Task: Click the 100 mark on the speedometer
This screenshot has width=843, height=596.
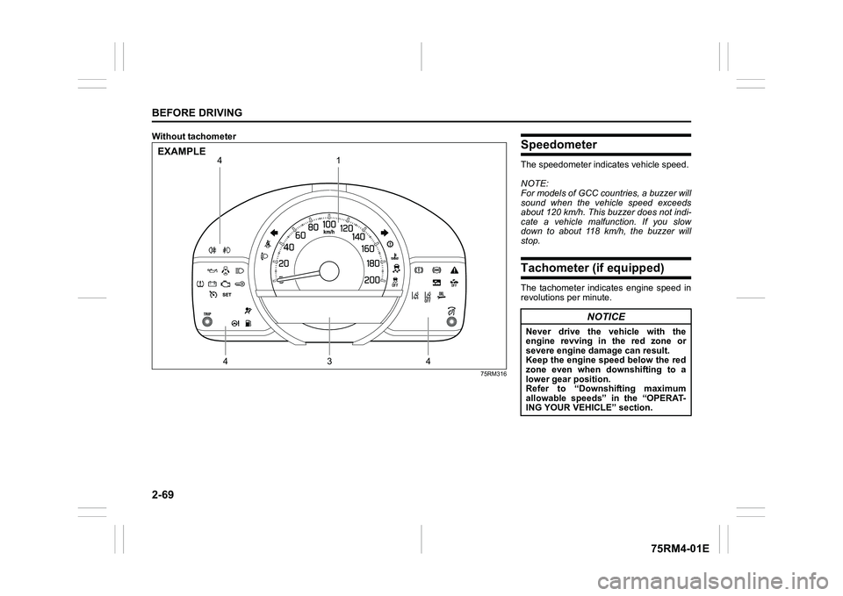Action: tap(329, 224)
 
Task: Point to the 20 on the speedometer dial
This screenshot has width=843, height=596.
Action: tap(284, 263)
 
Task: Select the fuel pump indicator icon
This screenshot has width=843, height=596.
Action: tap(249, 324)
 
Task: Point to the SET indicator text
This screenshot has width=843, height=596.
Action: tap(225, 295)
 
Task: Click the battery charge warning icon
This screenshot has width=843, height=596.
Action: tap(213, 283)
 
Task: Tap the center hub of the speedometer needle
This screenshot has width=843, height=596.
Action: tap(328, 271)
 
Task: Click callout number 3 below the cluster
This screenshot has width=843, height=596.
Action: tap(328, 360)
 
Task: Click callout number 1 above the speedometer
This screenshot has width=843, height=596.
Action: tap(336, 162)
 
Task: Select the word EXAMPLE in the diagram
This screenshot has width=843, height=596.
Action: tap(182, 151)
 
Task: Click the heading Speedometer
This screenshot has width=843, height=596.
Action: tap(558, 144)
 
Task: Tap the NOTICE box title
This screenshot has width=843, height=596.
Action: tap(606, 316)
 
